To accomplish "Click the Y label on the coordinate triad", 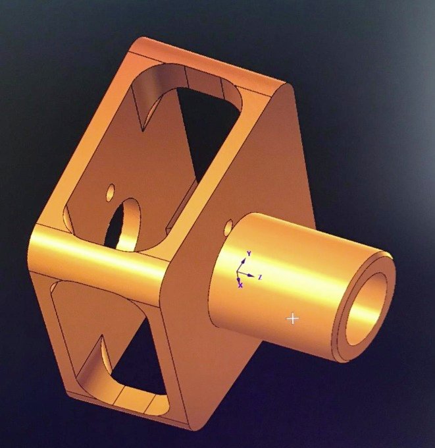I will (249, 253).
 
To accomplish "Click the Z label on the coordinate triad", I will (261, 277).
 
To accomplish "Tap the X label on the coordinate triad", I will (240, 285).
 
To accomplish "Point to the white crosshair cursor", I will (293, 319).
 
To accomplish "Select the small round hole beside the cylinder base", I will (228, 227).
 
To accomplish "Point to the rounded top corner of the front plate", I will (288, 89).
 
